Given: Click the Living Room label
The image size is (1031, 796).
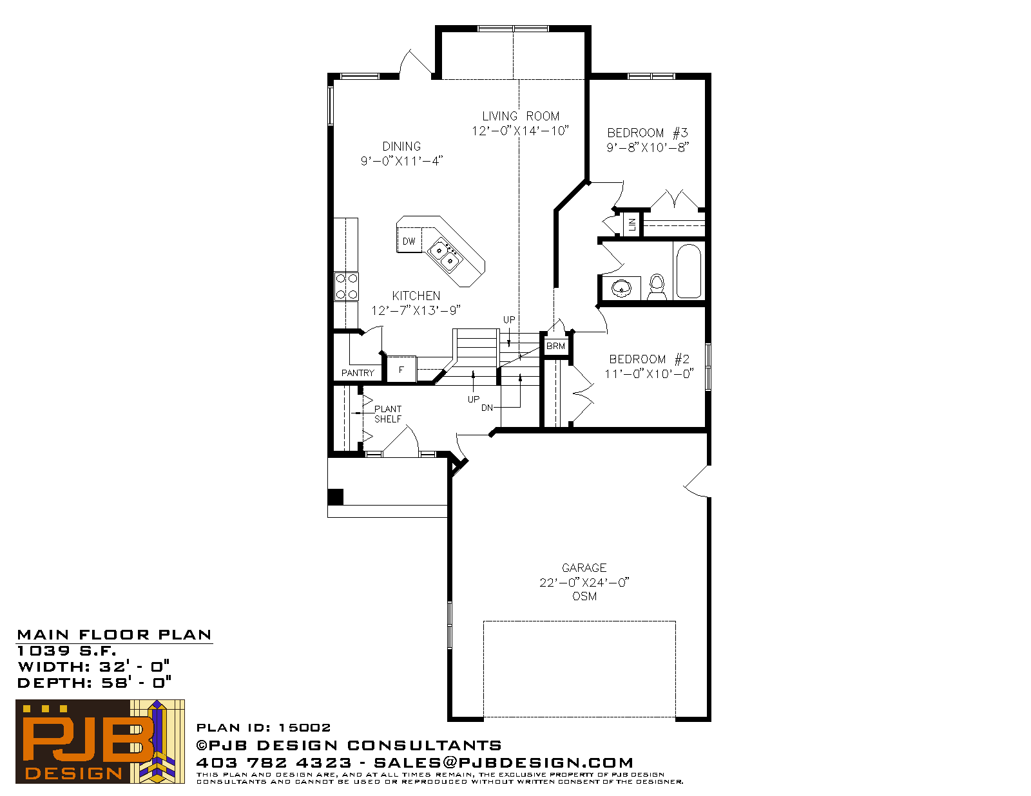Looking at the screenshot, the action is click(x=521, y=116).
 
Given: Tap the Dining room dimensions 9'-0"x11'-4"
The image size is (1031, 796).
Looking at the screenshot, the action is click(x=401, y=161).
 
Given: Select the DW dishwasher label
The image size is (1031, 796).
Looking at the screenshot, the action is click(x=409, y=242).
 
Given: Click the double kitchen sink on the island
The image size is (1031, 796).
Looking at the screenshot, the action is click(x=444, y=255).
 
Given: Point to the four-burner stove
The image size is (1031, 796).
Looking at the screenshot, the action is click(x=346, y=287).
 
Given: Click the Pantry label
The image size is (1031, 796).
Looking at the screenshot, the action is click(x=358, y=373).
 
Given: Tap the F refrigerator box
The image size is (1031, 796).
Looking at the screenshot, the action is click(x=401, y=369).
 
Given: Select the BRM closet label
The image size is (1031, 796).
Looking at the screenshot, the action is click(x=555, y=346).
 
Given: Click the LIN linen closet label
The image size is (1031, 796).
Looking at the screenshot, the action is click(x=632, y=224).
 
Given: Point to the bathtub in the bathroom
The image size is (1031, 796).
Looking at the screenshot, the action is click(x=688, y=270).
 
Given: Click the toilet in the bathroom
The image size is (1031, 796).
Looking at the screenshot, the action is click(x=657, y=287).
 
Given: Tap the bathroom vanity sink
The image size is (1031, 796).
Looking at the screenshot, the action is click(x=622, y=288).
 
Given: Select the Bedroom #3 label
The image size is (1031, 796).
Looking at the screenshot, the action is click(x=648, y=133).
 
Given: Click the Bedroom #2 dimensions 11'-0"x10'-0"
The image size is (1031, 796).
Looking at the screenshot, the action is click(x=649, y=374).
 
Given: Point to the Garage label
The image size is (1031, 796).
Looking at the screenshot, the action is click(x=584, y=568).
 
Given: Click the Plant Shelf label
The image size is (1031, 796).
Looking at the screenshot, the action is click(x=388, y=414).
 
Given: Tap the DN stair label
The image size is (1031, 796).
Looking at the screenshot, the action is click(x=487, y=408).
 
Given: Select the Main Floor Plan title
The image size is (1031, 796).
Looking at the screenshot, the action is click(x=114, y=635).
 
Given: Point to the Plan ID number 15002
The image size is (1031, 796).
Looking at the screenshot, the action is click(x=304, y=728).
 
